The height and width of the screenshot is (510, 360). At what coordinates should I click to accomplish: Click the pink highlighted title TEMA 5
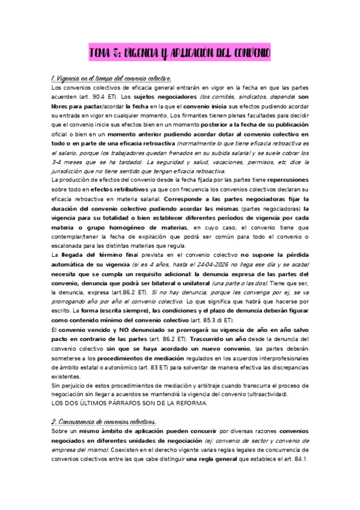(x=180, y=54)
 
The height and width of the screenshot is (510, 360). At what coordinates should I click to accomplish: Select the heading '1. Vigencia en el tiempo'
(x=112, y=79)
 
